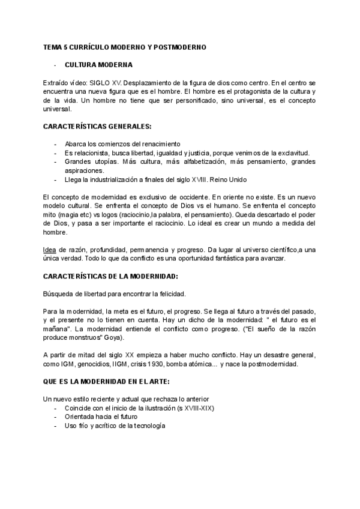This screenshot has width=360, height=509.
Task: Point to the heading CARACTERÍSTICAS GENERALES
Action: click(97, 127)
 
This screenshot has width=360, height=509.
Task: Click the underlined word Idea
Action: click(50, 250)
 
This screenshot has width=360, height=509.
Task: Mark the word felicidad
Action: click(169, 294)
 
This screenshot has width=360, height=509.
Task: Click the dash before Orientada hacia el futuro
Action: click(56, 417)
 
